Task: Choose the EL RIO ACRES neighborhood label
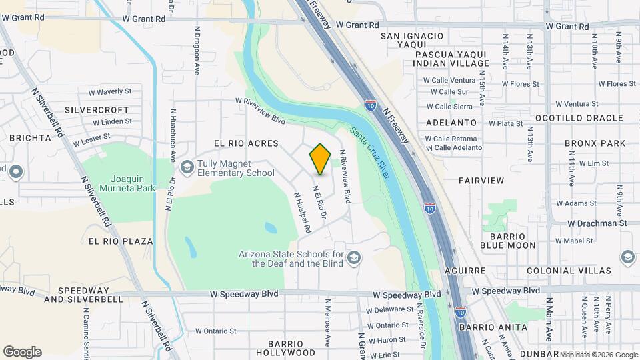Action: pos(246,143)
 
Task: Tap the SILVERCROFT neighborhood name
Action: pos(97,109)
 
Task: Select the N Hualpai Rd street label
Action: pos(303,213)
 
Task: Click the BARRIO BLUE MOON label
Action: pos(512,241)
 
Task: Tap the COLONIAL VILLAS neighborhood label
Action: pos(568,271)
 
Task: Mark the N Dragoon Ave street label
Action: pos(197,50)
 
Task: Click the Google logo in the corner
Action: pos(22,352)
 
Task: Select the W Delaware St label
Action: pos(390,310)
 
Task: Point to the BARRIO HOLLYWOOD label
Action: pos(285,348)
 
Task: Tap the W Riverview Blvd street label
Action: pos(260,111)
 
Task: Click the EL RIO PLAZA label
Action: pos(120,241)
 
